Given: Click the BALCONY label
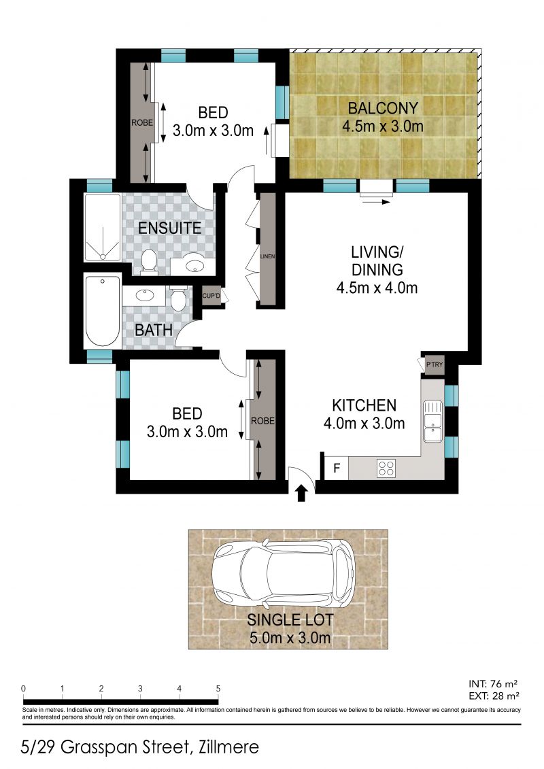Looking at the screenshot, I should pyautogui.click(x=383, y=108).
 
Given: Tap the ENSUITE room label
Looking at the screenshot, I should pyautogui.click(x=169, y=228).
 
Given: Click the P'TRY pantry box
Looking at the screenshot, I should pyautogui.click(x=434, y=366).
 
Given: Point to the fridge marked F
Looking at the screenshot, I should pyautogui.click(x=335, y=468).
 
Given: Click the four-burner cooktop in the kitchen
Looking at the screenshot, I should pyautogui.click(x=387, y=468).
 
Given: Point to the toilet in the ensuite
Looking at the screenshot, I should pyautogui.click(x=149, y=261).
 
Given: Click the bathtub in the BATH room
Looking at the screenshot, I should pyautogui.click(x=103, y=311).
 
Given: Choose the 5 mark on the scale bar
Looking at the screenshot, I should pyautogui.click(x=218, y=688).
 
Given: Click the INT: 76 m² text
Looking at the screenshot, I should pyautogui.click(x=494, y=684).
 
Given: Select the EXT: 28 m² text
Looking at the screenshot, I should pyautogui.click(x=494, y=696).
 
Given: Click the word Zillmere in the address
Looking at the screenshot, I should pyautogui.click(x=226, y=748).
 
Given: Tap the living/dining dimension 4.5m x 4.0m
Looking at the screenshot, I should pyautogui.click(x=377, y=288).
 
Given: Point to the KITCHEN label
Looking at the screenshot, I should pyautogui.click(x=364, y=406).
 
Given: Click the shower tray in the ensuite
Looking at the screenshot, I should pyautogui.click(x=103, y=228).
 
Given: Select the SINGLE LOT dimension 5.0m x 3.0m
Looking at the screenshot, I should pyautogui.click(x=289, y=637).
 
